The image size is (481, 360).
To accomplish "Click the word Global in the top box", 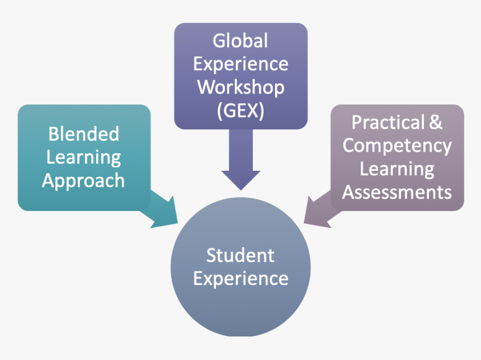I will [x=240, y=41].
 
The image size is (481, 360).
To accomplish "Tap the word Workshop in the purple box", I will [x=240, y=87].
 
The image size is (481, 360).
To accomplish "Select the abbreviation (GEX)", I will [x=240, y=111].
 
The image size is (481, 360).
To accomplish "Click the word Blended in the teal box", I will [x=83, y=134].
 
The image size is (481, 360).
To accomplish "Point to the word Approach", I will [x=83, y=181].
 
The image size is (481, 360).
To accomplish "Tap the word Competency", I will [x=397, y=146].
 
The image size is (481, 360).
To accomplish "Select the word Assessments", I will [x=397, y=193].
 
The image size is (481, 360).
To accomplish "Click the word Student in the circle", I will [x=240, y=255].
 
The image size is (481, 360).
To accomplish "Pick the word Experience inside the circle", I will [x=240, y=278].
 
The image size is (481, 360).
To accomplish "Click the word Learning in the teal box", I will [x=83, y=157].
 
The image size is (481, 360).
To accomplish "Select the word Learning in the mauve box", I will [x=397, y=169].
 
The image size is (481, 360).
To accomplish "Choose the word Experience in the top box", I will [x=240, y=64].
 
